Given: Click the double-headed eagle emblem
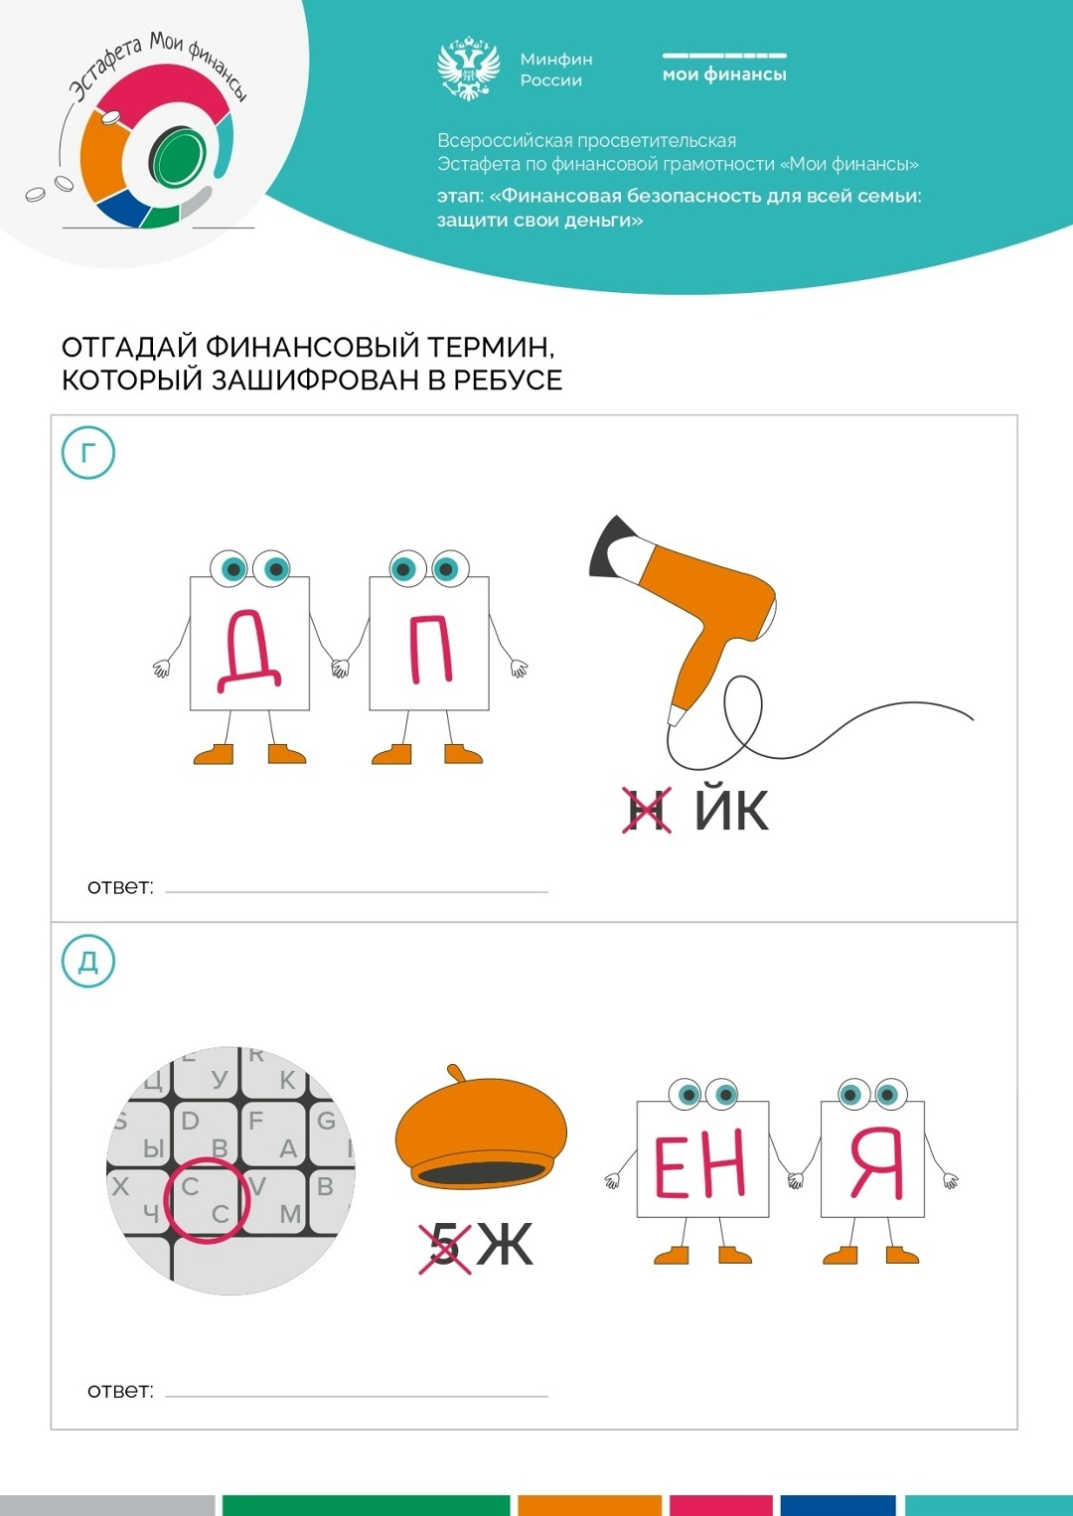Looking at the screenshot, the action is point(469,70).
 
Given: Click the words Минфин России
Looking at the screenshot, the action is point(556,70).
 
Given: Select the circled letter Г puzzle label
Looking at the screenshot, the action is point(88,453).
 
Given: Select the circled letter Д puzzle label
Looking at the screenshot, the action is point(88,961).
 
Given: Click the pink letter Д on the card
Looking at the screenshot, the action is point(249,651).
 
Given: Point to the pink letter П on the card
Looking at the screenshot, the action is point(430,649).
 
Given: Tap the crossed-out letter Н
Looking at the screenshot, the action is point(647,810).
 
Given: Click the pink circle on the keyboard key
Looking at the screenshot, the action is point(208,1200).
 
